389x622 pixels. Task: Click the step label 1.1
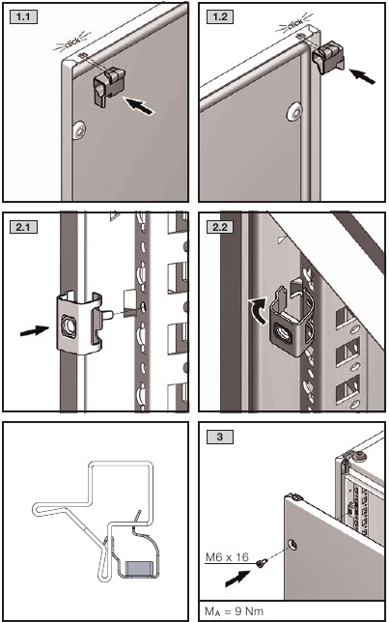[23, 17]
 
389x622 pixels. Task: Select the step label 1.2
[220, 17]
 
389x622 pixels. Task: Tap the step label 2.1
[23, 227]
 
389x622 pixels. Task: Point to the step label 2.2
[220, 227]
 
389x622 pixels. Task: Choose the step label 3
[220, 438]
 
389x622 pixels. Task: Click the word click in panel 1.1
[72, 42]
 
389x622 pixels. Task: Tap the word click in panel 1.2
[294, 25]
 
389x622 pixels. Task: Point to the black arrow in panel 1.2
[362, 75]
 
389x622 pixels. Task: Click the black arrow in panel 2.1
[35, 330]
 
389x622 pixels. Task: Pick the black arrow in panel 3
[237, 578]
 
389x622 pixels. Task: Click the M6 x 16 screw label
[227, 557]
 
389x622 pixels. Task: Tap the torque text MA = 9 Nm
[234, 610]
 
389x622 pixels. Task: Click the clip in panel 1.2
[328, 59]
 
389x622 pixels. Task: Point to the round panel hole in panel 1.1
[80, 130]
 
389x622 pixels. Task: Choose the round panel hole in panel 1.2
[294, 111]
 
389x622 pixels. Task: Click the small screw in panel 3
[262, 563]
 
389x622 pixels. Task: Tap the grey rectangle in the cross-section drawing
[140, 567]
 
